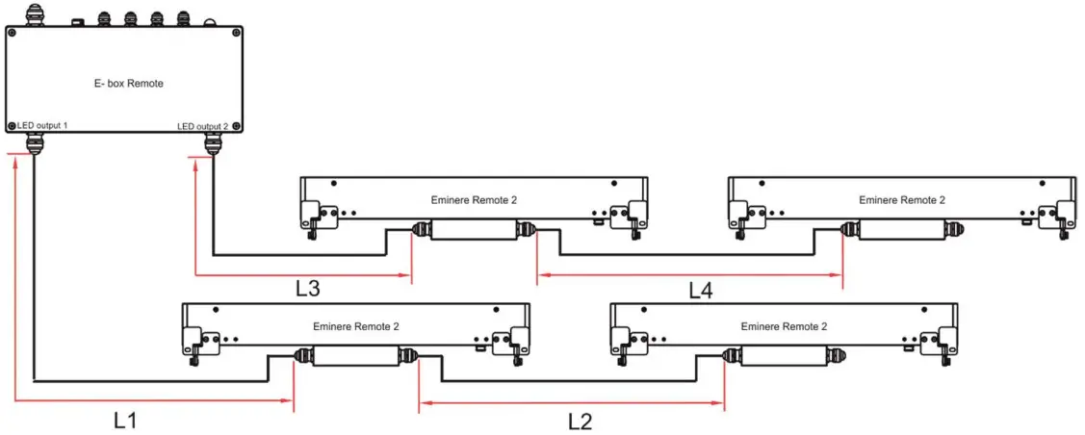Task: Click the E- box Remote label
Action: click(x=124, y=84)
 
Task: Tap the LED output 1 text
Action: click(x=42, y=126)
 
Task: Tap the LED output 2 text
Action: click(x=203, y=126)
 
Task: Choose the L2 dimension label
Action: click(x=581, y=420)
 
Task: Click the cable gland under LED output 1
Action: click(x=34, y=144)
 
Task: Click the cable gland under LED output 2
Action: click(x=213, y=144)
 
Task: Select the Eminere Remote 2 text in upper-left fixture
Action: click(x=474, y=200)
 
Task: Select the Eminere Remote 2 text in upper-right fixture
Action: click(x=902, y=200)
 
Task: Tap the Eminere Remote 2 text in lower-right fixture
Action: click(x=784, y=326)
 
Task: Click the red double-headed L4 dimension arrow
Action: click(x=689, y=275)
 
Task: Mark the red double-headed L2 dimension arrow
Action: click(x=572, y=402)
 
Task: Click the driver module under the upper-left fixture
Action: click(x=473, y=230)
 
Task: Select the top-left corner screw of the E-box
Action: click(x=13, y=33)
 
